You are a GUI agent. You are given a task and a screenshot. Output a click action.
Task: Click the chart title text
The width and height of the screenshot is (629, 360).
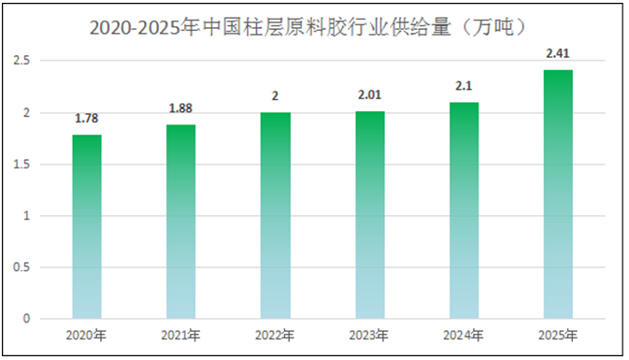click(315, 28)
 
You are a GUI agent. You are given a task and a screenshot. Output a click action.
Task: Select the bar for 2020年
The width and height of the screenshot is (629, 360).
click(87, 227)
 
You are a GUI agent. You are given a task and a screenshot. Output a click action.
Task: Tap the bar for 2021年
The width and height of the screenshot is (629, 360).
click(181, 223)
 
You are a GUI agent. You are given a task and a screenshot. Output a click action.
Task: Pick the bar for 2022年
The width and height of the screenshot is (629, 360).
click(276, 216)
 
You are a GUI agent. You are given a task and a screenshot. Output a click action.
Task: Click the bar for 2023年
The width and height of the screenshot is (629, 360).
click(370, 215)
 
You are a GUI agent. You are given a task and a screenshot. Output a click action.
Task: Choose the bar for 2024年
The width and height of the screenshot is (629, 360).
click(464, 210)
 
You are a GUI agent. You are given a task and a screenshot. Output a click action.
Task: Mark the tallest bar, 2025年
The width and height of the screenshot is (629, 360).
click(558, 194)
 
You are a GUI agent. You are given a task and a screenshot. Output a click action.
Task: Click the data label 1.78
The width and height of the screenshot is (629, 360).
click(87, 119)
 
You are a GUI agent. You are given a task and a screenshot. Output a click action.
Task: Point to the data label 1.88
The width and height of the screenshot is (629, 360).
click(181, 108)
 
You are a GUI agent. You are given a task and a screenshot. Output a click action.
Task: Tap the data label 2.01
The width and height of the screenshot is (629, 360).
click(370, 95)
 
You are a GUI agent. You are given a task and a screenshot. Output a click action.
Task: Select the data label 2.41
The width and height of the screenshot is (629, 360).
click(558, 53)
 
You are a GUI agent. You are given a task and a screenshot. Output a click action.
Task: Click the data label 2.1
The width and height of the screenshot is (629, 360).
click(464, 86)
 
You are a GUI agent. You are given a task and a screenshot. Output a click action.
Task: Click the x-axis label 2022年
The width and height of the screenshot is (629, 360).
click(276, 335)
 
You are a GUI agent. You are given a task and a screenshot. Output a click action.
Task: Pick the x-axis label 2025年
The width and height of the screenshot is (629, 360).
click(558, 335)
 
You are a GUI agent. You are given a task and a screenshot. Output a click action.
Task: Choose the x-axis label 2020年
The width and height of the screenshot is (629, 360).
click(87, 335)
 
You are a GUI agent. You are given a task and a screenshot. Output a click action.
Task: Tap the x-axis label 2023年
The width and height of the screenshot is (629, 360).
click(370, 335)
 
